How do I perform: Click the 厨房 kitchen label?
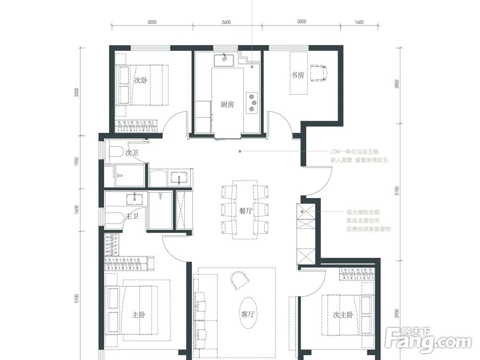click(227, 105)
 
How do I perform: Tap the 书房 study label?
click(298, 75)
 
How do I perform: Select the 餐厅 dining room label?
click(246, 211)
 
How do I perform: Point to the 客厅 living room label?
click(248, 314)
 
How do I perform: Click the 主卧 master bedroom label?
click(139, 315)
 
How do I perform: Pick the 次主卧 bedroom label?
click(344, 315)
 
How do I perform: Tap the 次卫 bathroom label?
click(132, 153)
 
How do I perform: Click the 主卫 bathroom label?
click(132, 216)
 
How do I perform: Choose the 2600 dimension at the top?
click(226, 22)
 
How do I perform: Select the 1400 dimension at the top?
click(359, 22)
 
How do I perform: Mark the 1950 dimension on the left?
click(76, 162)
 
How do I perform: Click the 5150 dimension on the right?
click(397, 192)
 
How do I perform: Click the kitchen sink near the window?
click(224, 60)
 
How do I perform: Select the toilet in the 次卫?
click(116, 152)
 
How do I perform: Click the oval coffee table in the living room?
click(248, 312)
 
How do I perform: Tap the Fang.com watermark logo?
click(428, 340)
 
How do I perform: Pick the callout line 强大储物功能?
click(363, 212)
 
